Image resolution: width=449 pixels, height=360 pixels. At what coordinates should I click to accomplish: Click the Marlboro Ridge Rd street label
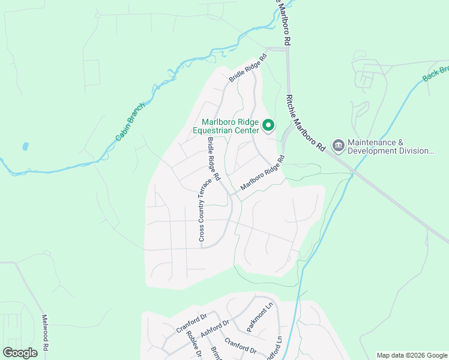(262, 175)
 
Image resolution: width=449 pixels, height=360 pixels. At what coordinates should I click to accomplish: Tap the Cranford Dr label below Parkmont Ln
(240, 346)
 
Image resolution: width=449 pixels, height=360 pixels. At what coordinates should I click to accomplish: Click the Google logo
(20, 352)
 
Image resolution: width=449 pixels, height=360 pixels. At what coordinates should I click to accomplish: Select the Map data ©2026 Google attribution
(412, 355)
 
